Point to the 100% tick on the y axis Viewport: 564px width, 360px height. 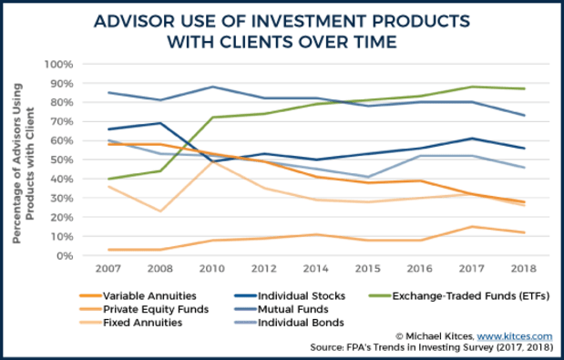pos(57,65)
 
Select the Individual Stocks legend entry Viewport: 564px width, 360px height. pos(292,294)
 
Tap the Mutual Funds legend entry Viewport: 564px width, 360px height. pos(283,309)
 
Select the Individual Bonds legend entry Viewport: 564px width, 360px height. pos(291,324)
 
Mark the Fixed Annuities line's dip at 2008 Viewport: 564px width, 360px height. pos(161,211)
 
